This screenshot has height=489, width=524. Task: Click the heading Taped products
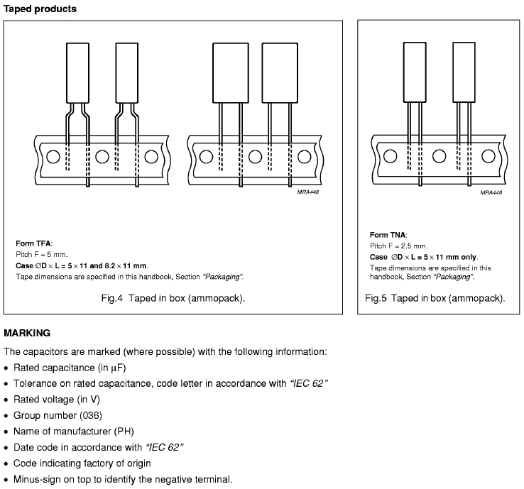tap(40, 9)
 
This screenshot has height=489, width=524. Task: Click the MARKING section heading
tap(27, 332)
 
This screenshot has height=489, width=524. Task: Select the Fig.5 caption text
tap(435, 298)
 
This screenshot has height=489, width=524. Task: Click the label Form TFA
tap(34, 243)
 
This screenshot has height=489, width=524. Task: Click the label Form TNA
tap(388, 234)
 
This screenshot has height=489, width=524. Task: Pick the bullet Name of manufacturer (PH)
tap(73, 431)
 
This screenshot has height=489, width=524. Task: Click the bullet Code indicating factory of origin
tap(82, 463)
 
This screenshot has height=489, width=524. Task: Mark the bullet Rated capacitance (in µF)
tap(70, 367)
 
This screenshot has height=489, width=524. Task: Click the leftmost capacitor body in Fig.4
tap(77, 73)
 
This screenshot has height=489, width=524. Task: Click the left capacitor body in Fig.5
tap(415, 72)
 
